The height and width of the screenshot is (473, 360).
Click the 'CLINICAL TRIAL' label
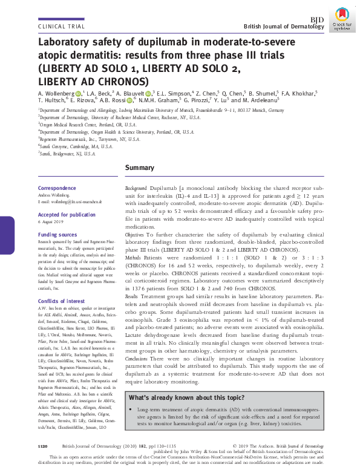60,27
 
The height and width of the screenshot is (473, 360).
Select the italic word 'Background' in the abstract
137,190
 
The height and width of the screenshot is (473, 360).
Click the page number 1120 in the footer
42,445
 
